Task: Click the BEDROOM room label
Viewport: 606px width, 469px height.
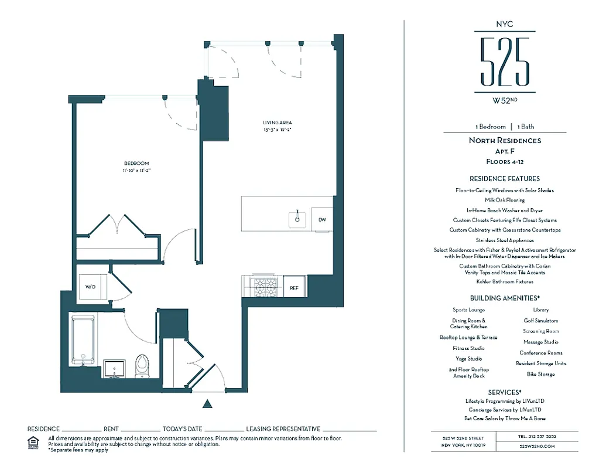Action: pyautogui.click(x=136, y=164)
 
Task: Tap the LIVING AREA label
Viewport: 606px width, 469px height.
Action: pyautogui.click(x=277, y=123)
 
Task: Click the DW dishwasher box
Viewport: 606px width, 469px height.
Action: pyautogui.click(x=322, y=220)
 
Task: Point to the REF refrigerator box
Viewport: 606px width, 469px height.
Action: pyautogui.click(x=295, y=288)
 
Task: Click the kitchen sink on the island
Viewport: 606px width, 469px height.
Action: pyautogui.click(x=297, y=219)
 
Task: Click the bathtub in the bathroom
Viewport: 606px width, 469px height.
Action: pyautogui.click(x=83, y=339)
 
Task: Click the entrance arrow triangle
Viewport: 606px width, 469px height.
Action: pyautogui.click(x=206, y=403)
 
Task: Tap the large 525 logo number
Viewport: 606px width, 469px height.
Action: pyautogui.click(x=505, y=62)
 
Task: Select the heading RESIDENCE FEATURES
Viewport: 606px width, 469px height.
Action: pyautogui.click(x=505, y=179)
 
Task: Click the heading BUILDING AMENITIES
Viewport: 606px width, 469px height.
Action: pyautogui.click(x=505, y=298)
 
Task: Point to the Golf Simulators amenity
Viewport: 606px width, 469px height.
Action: pyautogui.click(x=541, y=321)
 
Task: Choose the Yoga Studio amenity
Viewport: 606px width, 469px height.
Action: pyautogui.click(x=469, y=359)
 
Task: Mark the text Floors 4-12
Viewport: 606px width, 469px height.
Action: pyautogui.click(x=505, y=161)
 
